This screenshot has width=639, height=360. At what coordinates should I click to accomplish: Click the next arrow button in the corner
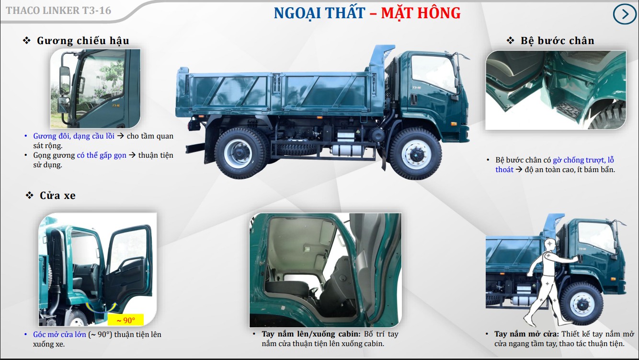click(625, 14)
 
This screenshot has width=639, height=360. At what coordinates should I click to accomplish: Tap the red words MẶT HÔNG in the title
click(421, 13)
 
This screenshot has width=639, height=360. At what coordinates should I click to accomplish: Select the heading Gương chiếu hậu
click(83, 41)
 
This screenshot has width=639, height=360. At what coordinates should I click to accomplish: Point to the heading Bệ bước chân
click(557, 41)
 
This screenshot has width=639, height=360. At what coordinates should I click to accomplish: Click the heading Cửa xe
click(57, 196)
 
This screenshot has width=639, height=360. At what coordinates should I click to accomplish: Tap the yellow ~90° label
click(126, 320)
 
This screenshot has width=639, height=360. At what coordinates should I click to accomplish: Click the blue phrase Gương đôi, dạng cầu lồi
click(74, 136)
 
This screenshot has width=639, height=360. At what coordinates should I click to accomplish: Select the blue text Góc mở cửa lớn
click(59, 335)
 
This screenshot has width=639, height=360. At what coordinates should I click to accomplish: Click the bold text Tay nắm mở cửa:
click(523, 334)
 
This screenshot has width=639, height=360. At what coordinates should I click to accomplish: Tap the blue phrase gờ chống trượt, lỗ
click(583, 160)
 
